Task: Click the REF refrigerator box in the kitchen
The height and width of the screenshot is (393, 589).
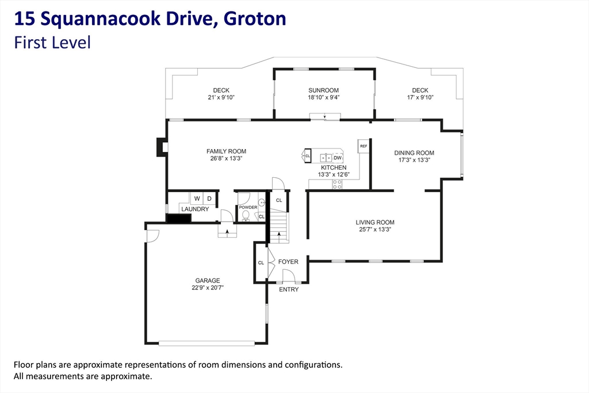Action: (364, 146)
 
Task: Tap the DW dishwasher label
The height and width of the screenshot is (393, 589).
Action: (338, 158)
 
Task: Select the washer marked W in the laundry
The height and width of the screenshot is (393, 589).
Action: (197, 199)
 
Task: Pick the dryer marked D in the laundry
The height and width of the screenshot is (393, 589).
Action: (209, 199)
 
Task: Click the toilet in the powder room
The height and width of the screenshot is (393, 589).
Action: (246, 215)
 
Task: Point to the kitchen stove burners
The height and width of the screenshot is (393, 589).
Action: (337, 184)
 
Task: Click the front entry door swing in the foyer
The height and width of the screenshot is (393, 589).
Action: (289, 276)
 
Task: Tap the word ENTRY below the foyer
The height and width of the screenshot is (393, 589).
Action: (289, 289)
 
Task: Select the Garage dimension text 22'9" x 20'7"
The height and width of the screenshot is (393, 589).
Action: (207, 288)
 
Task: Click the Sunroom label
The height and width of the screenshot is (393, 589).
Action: (323, 90)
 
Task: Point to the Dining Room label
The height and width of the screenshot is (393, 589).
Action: (414, 153)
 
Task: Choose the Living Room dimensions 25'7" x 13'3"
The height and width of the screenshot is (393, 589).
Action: (375, 229)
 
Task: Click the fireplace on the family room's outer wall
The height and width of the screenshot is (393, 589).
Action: (162, 147)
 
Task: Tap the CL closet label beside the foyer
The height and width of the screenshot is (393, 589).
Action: (261, 262)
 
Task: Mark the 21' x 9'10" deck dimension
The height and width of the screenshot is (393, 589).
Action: (221, 97)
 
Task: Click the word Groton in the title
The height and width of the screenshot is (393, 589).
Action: (255, 19)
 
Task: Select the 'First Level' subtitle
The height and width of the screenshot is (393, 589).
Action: (52, 43)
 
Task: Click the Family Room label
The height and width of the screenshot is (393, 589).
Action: (226, 151)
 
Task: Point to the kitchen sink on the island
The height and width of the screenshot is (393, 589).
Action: (326, 158)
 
